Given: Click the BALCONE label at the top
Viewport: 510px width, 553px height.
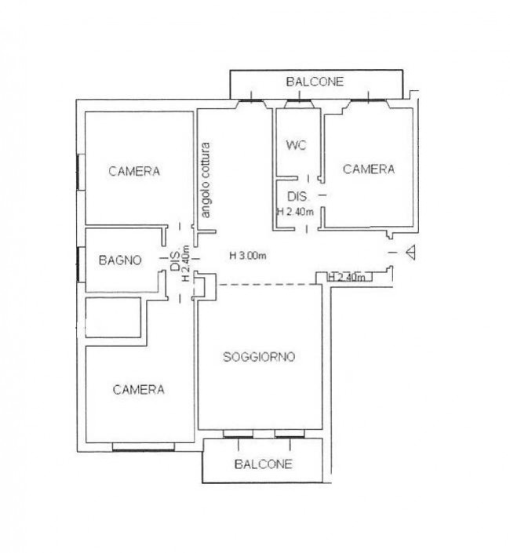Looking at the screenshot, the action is point(315,82).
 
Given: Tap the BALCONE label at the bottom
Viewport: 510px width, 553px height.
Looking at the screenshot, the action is point(263,464).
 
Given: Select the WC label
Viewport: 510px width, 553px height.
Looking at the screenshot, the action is point(297,145).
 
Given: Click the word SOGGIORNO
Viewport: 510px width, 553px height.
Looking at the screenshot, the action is point(259,357).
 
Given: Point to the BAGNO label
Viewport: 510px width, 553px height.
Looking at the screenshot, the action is point(120,260).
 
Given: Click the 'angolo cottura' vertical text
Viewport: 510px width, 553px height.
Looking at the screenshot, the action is point(206,180).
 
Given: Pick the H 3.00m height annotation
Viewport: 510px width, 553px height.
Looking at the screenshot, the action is point(248,256).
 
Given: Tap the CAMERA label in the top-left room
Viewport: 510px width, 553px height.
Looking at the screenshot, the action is point(134,172).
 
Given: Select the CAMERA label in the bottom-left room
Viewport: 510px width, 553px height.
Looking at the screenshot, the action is point(138,390).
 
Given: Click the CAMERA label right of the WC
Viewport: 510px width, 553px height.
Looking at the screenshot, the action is point(369,169).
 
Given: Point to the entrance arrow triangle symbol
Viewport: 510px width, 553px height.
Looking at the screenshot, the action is point(410,253).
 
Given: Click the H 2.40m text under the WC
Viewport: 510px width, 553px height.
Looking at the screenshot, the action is point(295,212).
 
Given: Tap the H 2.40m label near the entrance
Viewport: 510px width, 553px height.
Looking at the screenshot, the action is point(347,277).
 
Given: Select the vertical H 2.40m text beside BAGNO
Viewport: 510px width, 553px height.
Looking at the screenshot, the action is point(185,263).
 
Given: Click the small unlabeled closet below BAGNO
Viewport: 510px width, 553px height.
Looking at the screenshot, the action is point(114,318).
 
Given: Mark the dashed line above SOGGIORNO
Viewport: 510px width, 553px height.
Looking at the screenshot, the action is point(268,284).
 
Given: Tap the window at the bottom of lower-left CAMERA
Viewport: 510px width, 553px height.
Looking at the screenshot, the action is point(144,447).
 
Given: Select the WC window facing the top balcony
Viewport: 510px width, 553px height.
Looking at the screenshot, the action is point(299,104).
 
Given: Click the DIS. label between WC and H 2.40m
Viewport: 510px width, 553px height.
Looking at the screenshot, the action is point(297,196).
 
